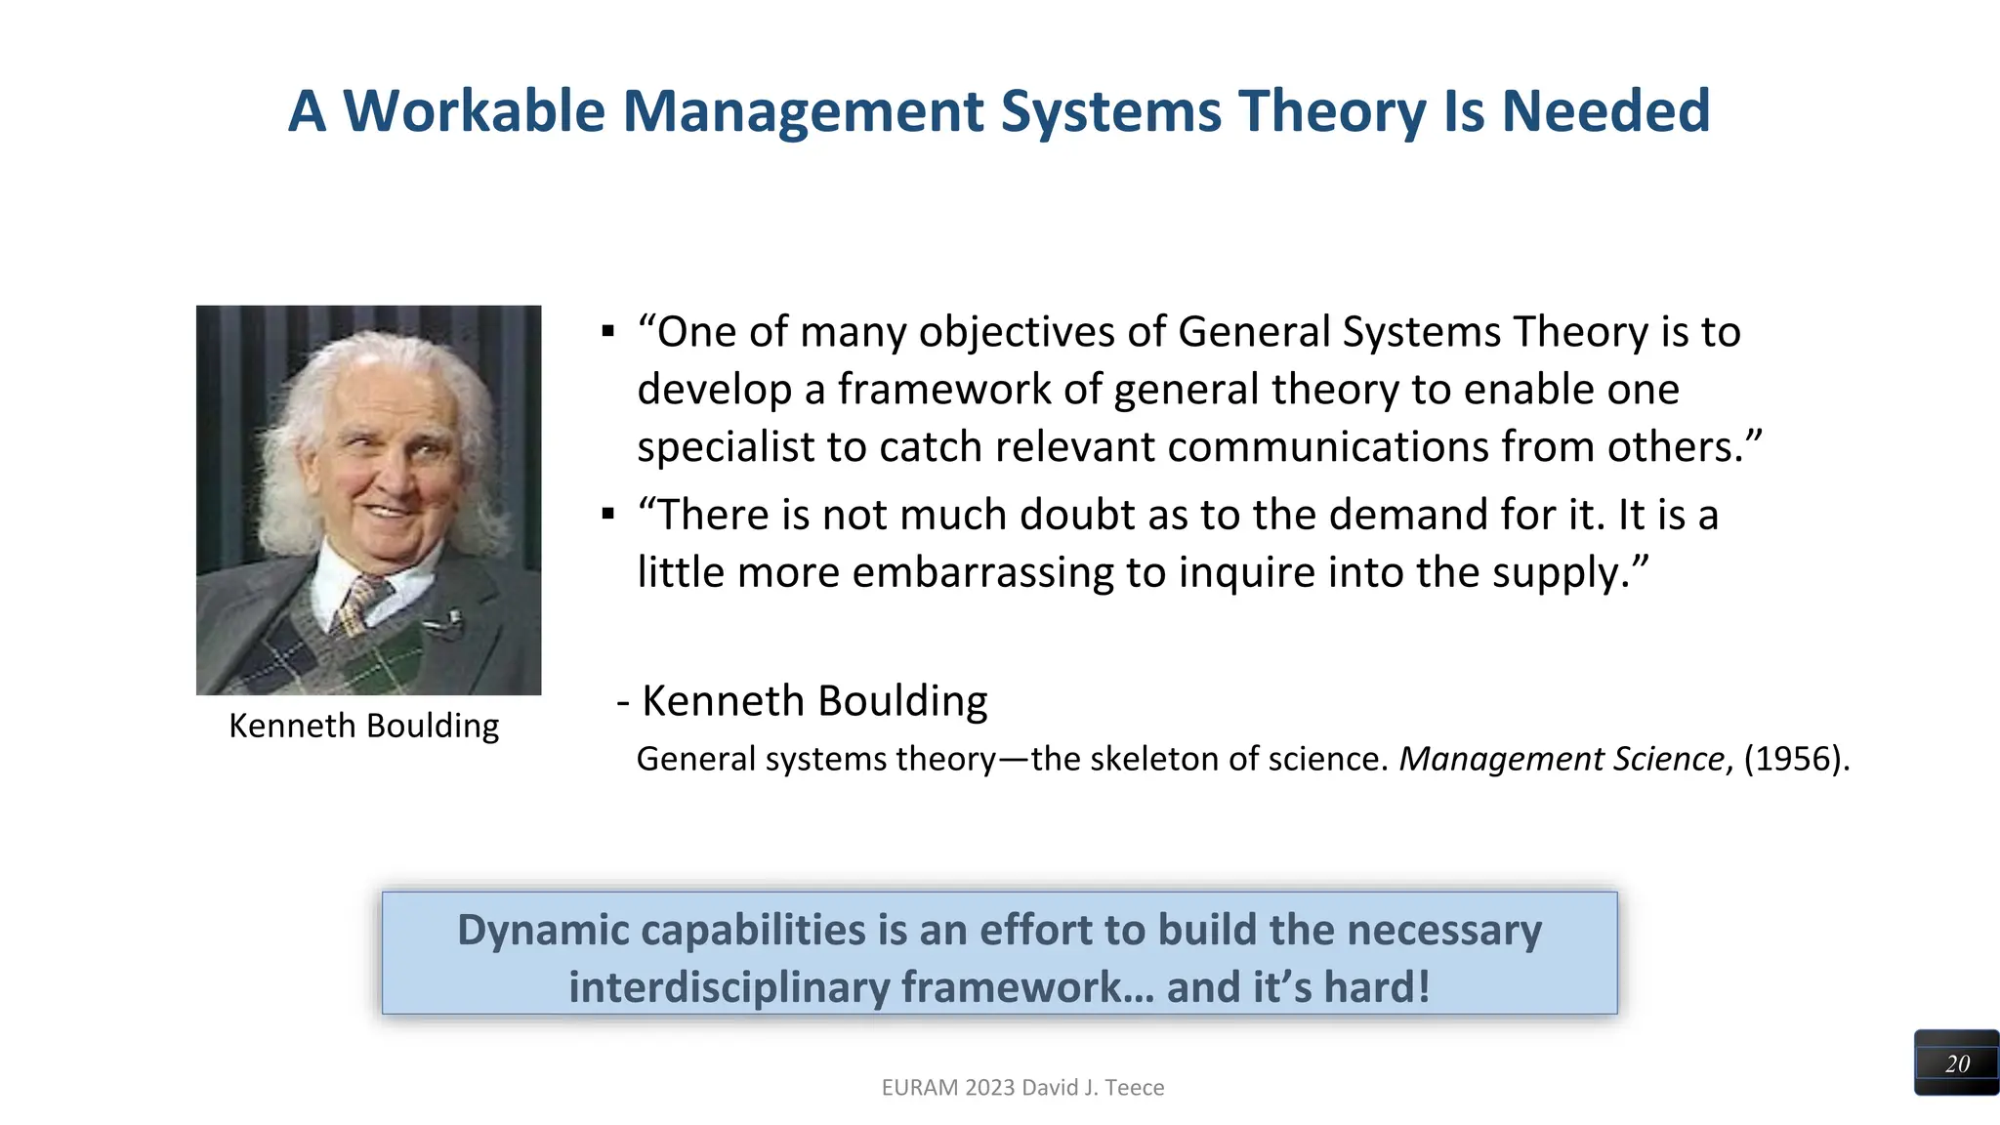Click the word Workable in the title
(x=474, y=110)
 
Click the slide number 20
(x=1957, y=1063)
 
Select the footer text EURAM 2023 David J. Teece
(x=1022, y=1087)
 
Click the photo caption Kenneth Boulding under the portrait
(x=363, y=726)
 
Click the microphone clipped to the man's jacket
(x=451, y=619)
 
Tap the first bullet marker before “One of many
(x=608, y=332)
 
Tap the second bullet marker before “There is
(x=608, y=514)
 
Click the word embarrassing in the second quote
(x=982, y=572)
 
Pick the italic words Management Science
(x=1562, y=759)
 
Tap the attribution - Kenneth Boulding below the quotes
(x=803, y=701)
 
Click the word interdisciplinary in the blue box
(x=729, y=986)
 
